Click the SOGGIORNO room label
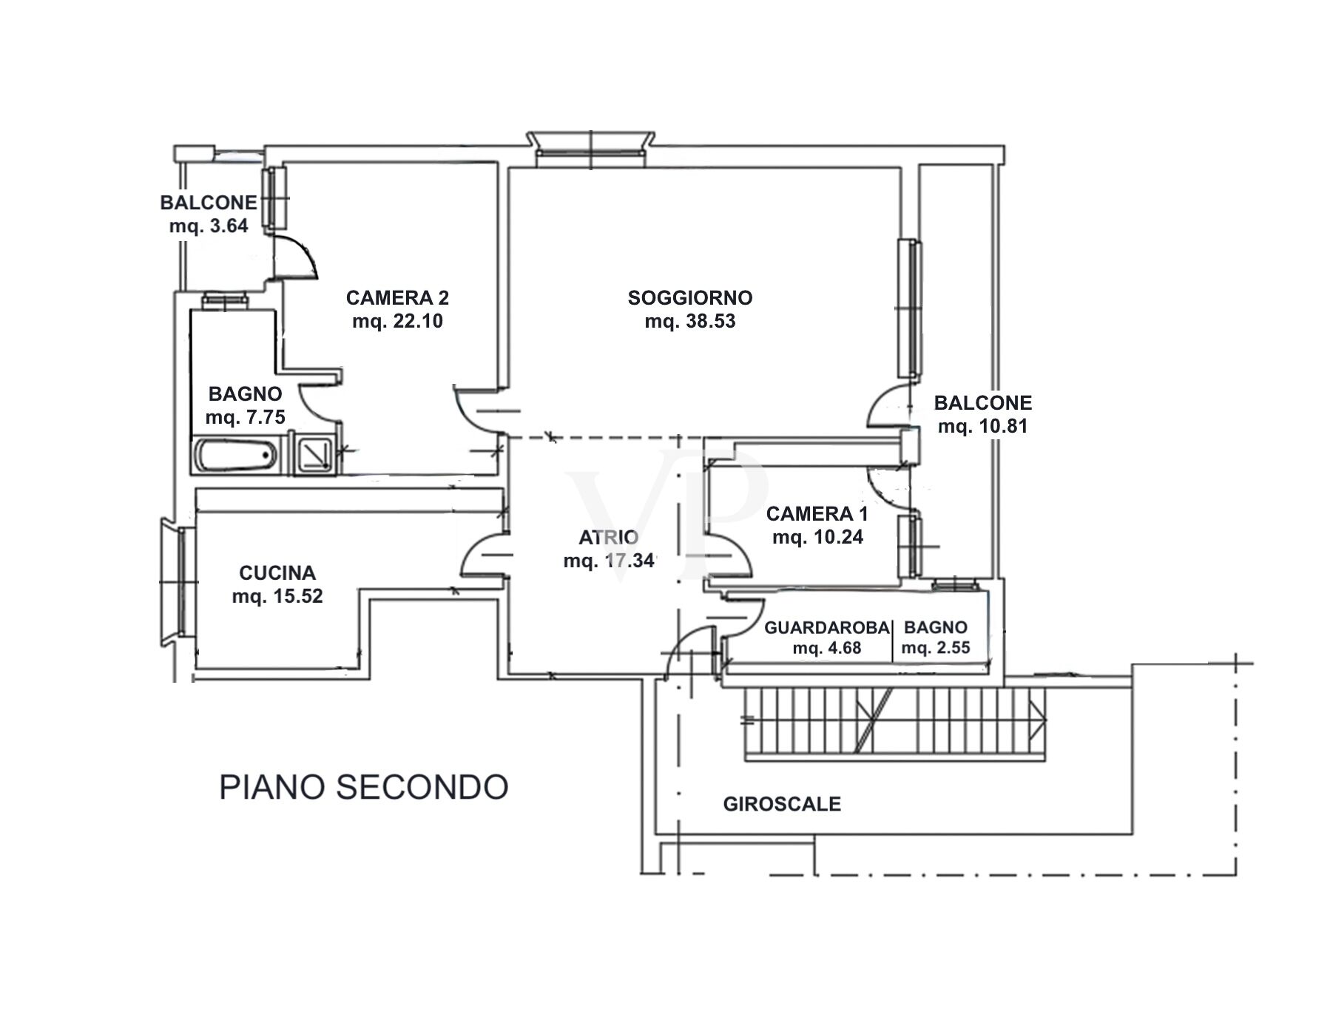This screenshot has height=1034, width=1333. pyautogui.click(x=689, y=297)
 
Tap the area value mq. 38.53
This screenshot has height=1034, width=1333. pyautogui.click(x=689, y=322)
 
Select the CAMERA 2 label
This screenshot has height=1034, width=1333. pyautogui.click(x=397, y=297)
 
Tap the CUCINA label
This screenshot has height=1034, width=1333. pyautogui.click(x=277, y=572)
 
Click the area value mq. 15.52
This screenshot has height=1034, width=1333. pyautogui.click(x=277, y=596)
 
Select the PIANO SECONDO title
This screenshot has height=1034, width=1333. pyautogui.click(x=363, y=787)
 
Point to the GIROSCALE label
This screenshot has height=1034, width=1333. pyautogui.click(x=782, y=804)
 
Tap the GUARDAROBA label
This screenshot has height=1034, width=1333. pyautogui.click(x=826, y=627)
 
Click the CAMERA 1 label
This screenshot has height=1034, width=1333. pyautogui.click(x=817, y=513)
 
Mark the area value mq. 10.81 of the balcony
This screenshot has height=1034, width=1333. pyautogui.click(x=982, y=426)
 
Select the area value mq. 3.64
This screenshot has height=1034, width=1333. pyautogui.click(x=209, y=226)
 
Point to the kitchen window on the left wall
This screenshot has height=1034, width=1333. pyautogui.click(x=178, y=581)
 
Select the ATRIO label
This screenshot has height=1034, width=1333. pyautogui.click(x=608, y=537)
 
